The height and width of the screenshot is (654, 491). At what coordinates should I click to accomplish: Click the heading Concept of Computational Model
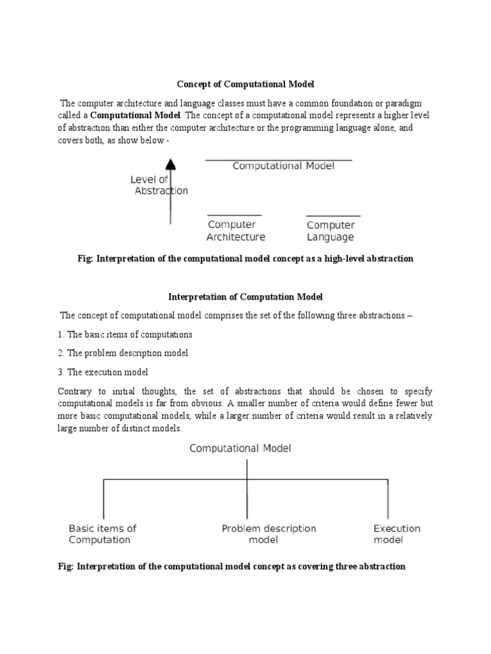coord(245,84)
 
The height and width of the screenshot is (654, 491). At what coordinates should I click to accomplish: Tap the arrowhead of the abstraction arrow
coord(170,165)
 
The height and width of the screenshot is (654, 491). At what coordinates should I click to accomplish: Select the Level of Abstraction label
coord(160,185)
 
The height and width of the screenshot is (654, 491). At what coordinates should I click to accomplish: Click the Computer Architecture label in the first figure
coord(235,231)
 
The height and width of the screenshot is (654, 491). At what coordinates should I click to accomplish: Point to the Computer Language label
coord(331,231)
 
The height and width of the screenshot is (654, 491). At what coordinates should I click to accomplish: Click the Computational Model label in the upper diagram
coord(283,166)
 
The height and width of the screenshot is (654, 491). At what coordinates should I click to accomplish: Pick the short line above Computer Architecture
coord(235,216)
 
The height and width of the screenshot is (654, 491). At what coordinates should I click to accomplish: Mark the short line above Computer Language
coord(333,216)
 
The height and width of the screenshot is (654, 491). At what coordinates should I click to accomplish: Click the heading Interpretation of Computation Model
coord(245,296)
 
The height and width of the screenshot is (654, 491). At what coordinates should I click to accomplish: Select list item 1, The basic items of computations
coord(125,334)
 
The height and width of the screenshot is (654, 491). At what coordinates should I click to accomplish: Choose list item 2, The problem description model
coord(123,353)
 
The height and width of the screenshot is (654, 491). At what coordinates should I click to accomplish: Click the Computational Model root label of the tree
coord(240,448)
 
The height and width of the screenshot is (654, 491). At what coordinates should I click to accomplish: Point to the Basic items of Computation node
coord(102,534)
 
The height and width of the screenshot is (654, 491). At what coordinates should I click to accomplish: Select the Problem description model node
coord(269,534)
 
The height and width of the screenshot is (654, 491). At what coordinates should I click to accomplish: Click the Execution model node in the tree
coord(396,534)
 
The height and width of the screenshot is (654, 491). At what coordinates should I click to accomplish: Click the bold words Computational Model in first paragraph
coord(136,116)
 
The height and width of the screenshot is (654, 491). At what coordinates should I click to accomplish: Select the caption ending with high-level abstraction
coord(245,259)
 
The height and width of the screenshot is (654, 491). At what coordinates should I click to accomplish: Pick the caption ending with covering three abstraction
coord(241,567)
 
